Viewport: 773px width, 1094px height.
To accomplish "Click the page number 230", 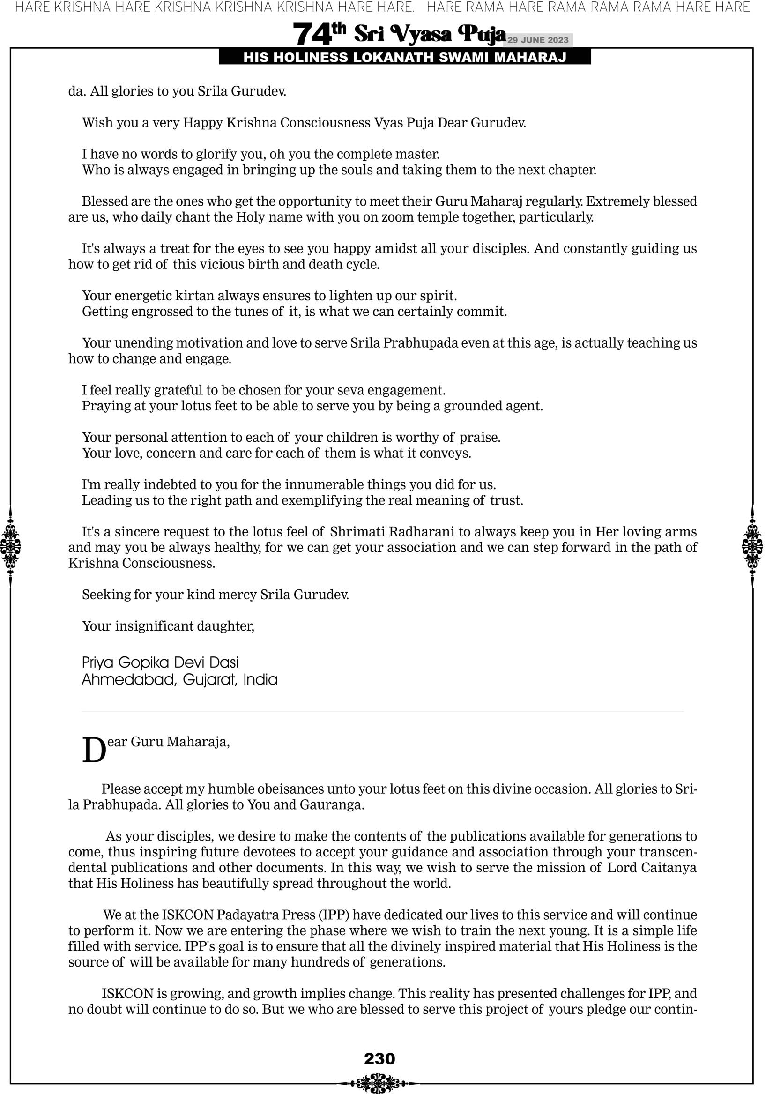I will (x=379, y=1058).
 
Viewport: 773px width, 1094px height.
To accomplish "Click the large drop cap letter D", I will (x=94, y=751).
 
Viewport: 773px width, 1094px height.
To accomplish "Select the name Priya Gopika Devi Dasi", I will (x=160, y=662).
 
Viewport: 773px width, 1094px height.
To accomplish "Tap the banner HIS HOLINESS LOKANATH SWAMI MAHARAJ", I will (x=405, y=58).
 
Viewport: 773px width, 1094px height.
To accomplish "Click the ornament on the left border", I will (x=10, y=546).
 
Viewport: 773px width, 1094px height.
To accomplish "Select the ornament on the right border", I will (x=752, y=546).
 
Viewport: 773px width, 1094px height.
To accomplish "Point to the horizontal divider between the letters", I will (x=383, y=712).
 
